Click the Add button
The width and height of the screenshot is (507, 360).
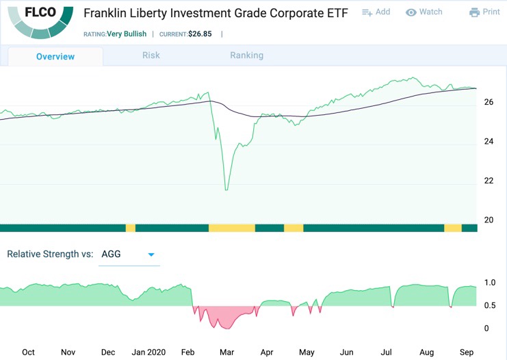click(376, 12)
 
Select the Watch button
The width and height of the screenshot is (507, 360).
click(424, 12)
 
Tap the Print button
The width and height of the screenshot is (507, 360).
click(484, 12)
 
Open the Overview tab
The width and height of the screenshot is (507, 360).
click(55, 56)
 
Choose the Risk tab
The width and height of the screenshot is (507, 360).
click(151, 55)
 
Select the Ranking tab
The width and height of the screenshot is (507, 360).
click(246, 55)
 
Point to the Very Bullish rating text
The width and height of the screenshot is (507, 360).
click(129, 34)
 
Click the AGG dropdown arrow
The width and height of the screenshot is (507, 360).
click(151, 255)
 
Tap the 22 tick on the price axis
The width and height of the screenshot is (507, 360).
click(489, 181)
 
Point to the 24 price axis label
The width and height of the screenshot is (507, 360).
click(489, 142)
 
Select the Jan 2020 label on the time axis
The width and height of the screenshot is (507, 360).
click(148, 352)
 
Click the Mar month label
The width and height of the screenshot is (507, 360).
click(226, 352)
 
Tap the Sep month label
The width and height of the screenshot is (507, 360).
click(466, 352)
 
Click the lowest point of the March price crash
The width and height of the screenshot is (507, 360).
click(226, 190)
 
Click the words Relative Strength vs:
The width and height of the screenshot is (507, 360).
click(50, 254)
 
